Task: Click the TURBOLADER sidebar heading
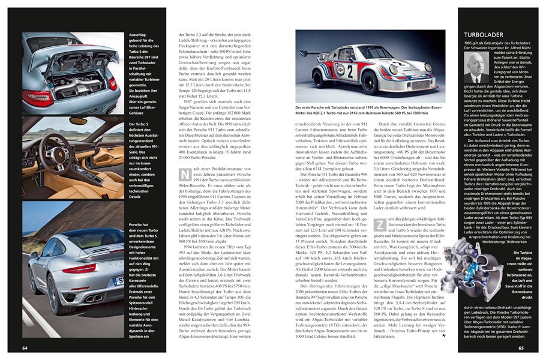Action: click(x=487, y=43)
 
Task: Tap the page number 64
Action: click(x=25, y=348)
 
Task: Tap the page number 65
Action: click(x=521, y=348)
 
